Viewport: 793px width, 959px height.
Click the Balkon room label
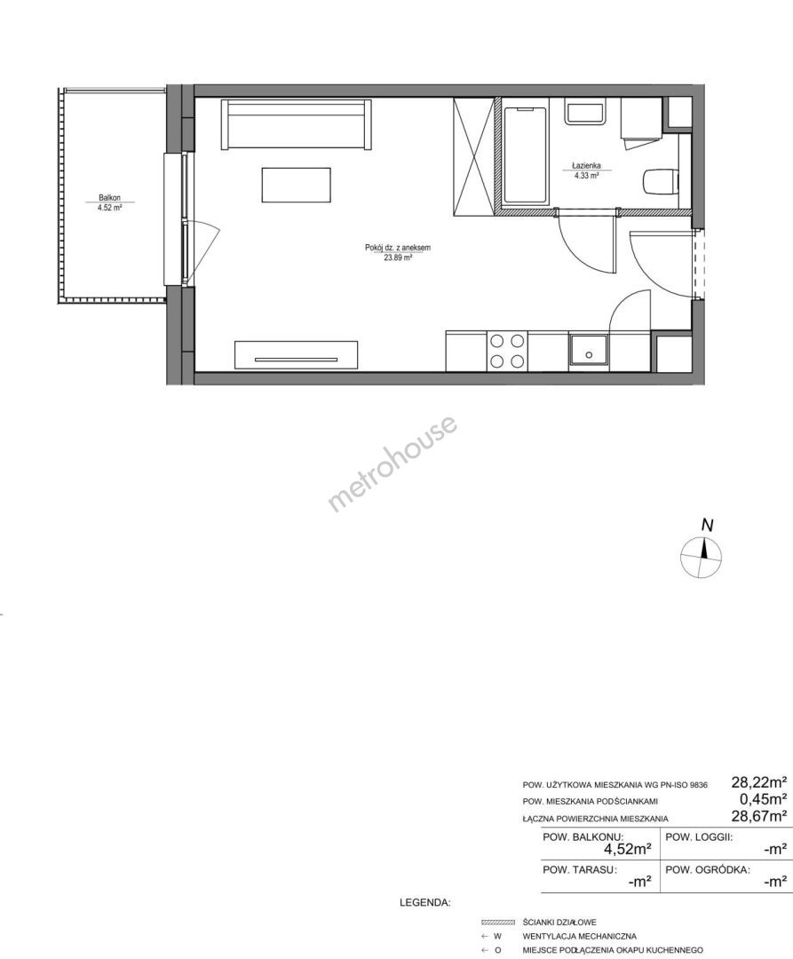click(x=109, y=197)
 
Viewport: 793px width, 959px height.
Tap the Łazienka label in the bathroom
click(x=586, y=165)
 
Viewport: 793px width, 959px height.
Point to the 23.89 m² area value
click(x=398, y=258)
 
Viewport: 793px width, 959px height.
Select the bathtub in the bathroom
click(x=525, y=155)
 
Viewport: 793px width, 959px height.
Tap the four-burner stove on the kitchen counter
click(x=507, y=351)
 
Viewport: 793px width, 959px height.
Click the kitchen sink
click(x=589, y=352)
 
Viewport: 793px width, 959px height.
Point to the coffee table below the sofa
click(x=297, y=185)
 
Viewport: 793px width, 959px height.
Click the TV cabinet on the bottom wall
click(x=296, y=355)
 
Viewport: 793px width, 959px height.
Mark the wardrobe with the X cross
click(x=473, y=156)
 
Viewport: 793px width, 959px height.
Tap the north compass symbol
click(x=702, y=551)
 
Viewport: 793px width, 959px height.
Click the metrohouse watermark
click(x=393, y=463)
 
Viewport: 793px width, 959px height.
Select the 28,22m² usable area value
click(x=758, y=781)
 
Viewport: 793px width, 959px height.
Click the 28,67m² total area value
click(x=758, y=815)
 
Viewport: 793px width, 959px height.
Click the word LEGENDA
click(x=425, y=902)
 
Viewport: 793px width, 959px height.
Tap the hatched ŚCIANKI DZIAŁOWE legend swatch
click(x=499, y=922)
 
